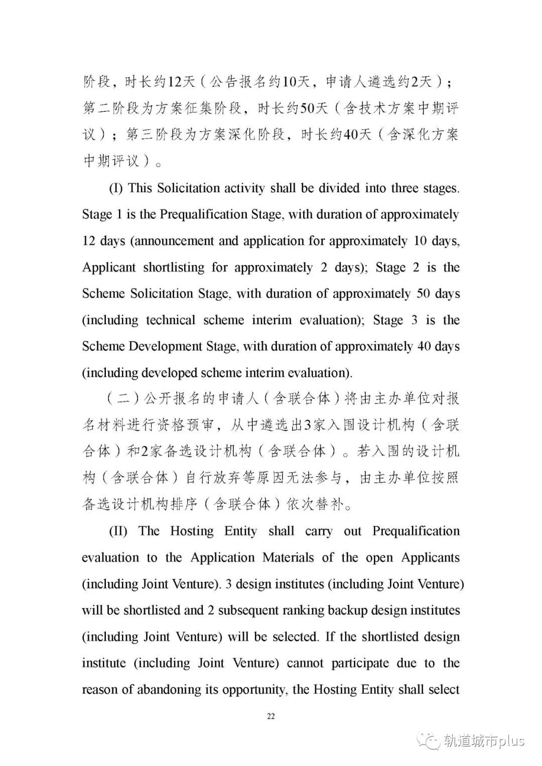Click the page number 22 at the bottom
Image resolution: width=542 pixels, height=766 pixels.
[x=270, y=716]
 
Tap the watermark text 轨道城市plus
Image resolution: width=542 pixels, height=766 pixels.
[x=484, y=741]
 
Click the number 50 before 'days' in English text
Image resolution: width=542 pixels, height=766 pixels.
[x=423, y=293]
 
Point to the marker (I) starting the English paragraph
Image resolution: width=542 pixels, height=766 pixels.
[x=115, y=188]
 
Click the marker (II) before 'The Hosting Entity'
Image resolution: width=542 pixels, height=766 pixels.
[x=118, y=531]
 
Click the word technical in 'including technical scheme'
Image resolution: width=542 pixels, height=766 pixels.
[x=171, y=320]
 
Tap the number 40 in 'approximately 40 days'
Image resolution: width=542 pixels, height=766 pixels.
[x=424, y=347]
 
